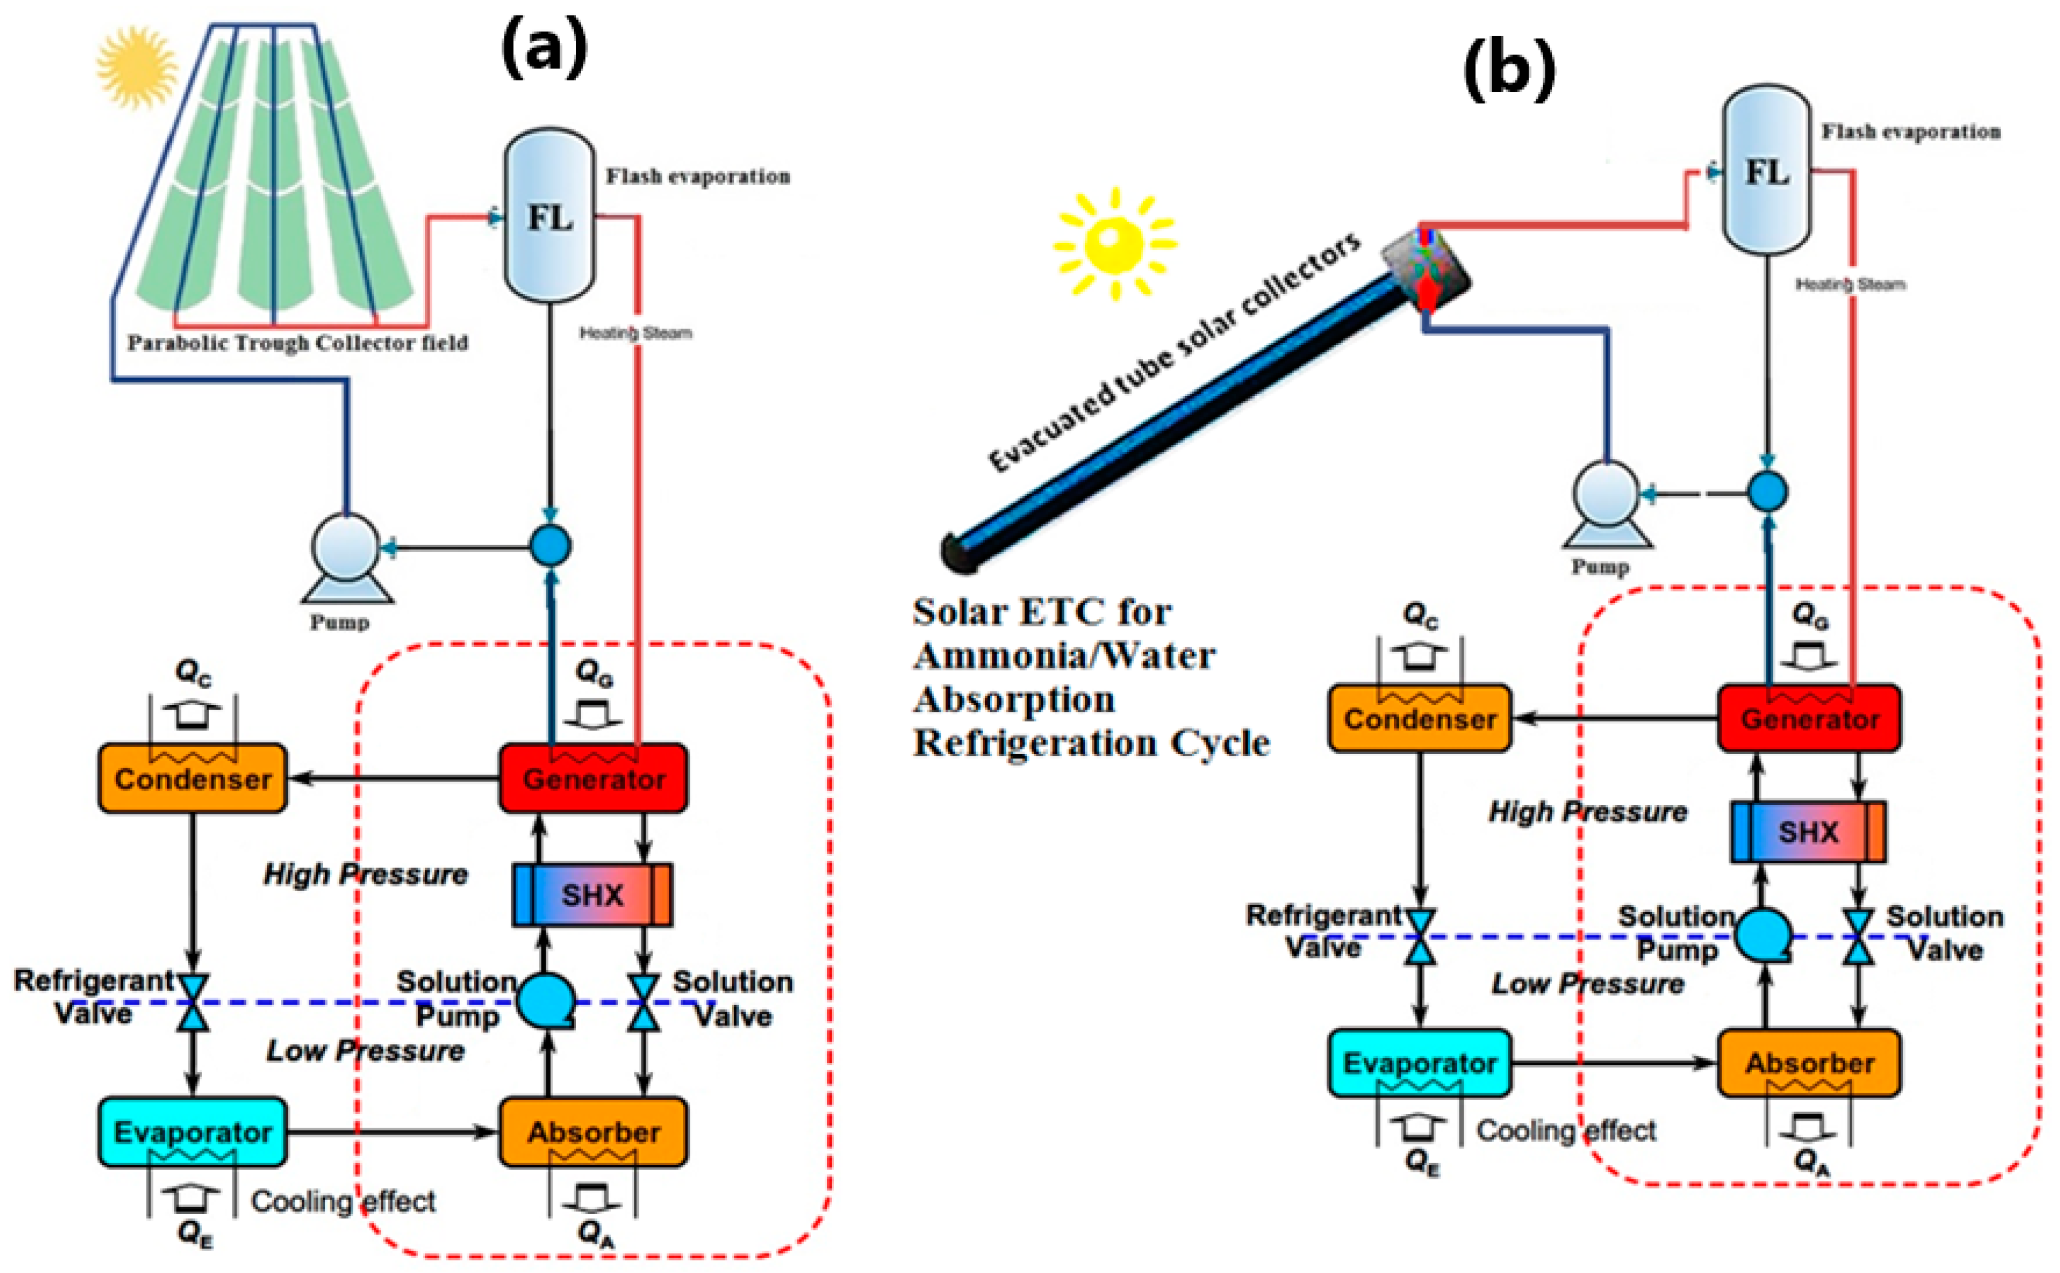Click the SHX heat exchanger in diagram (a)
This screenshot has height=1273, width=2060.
(592, 894)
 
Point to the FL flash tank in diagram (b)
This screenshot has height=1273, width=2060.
(1766, 168)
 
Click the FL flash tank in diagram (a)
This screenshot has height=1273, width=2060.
(549, 215)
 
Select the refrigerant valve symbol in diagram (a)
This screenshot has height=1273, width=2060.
(194, 1002)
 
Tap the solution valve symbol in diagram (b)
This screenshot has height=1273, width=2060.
(1858, 936)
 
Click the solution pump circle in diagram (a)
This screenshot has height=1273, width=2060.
(545, 1001)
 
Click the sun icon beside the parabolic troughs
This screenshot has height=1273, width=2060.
(137, 67)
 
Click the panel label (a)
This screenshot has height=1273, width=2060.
(544, 49)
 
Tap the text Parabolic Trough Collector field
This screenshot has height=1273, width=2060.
(298, 343)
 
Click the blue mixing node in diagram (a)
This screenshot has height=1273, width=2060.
(550, 545)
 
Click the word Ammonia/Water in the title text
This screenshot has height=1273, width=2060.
(1064, 655)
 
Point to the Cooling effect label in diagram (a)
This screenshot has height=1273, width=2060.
(343, 1201)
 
